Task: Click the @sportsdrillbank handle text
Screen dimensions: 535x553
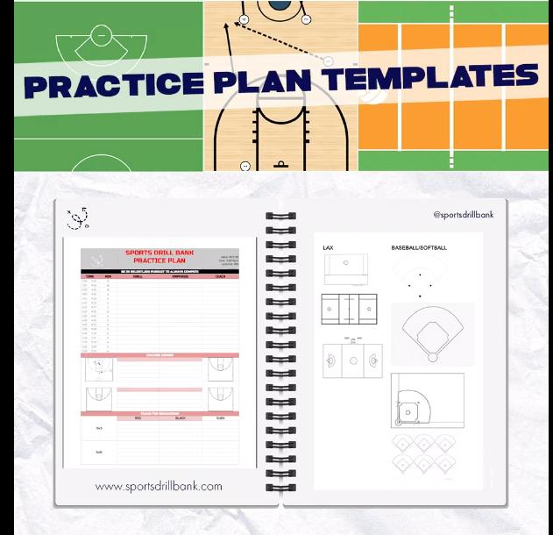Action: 470,215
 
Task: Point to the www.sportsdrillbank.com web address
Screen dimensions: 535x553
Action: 159,485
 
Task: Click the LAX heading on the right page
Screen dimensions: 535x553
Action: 328,248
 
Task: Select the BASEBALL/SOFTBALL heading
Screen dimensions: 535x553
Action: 419,248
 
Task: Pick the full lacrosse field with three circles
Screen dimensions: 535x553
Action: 353,360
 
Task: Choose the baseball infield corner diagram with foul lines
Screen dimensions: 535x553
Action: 428,401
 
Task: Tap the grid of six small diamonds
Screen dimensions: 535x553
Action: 424,454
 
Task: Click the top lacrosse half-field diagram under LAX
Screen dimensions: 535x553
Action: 349,269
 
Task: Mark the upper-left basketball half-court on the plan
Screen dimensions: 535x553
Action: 97,369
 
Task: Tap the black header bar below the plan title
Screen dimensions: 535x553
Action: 160,272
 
